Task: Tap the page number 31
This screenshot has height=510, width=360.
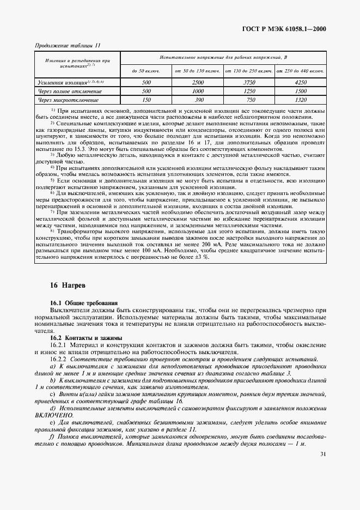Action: (x=323, y=453)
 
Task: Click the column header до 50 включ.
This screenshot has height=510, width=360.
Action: (x=145, y=71)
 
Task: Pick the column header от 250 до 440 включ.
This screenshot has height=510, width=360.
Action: (x=300, y=71)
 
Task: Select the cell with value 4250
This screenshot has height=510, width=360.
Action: (x=300, y=82)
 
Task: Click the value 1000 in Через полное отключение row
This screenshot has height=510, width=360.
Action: (x=197, y=92)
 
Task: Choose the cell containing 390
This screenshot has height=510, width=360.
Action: (x=197, y=100)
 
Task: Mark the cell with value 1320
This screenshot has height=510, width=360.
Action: (x=300, y=100)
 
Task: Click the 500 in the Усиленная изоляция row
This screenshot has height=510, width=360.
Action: (x=145, y=82)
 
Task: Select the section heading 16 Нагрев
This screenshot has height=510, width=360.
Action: (x=68, y=284)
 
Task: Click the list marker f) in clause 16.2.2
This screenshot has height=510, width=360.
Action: (x=52, y=436)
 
